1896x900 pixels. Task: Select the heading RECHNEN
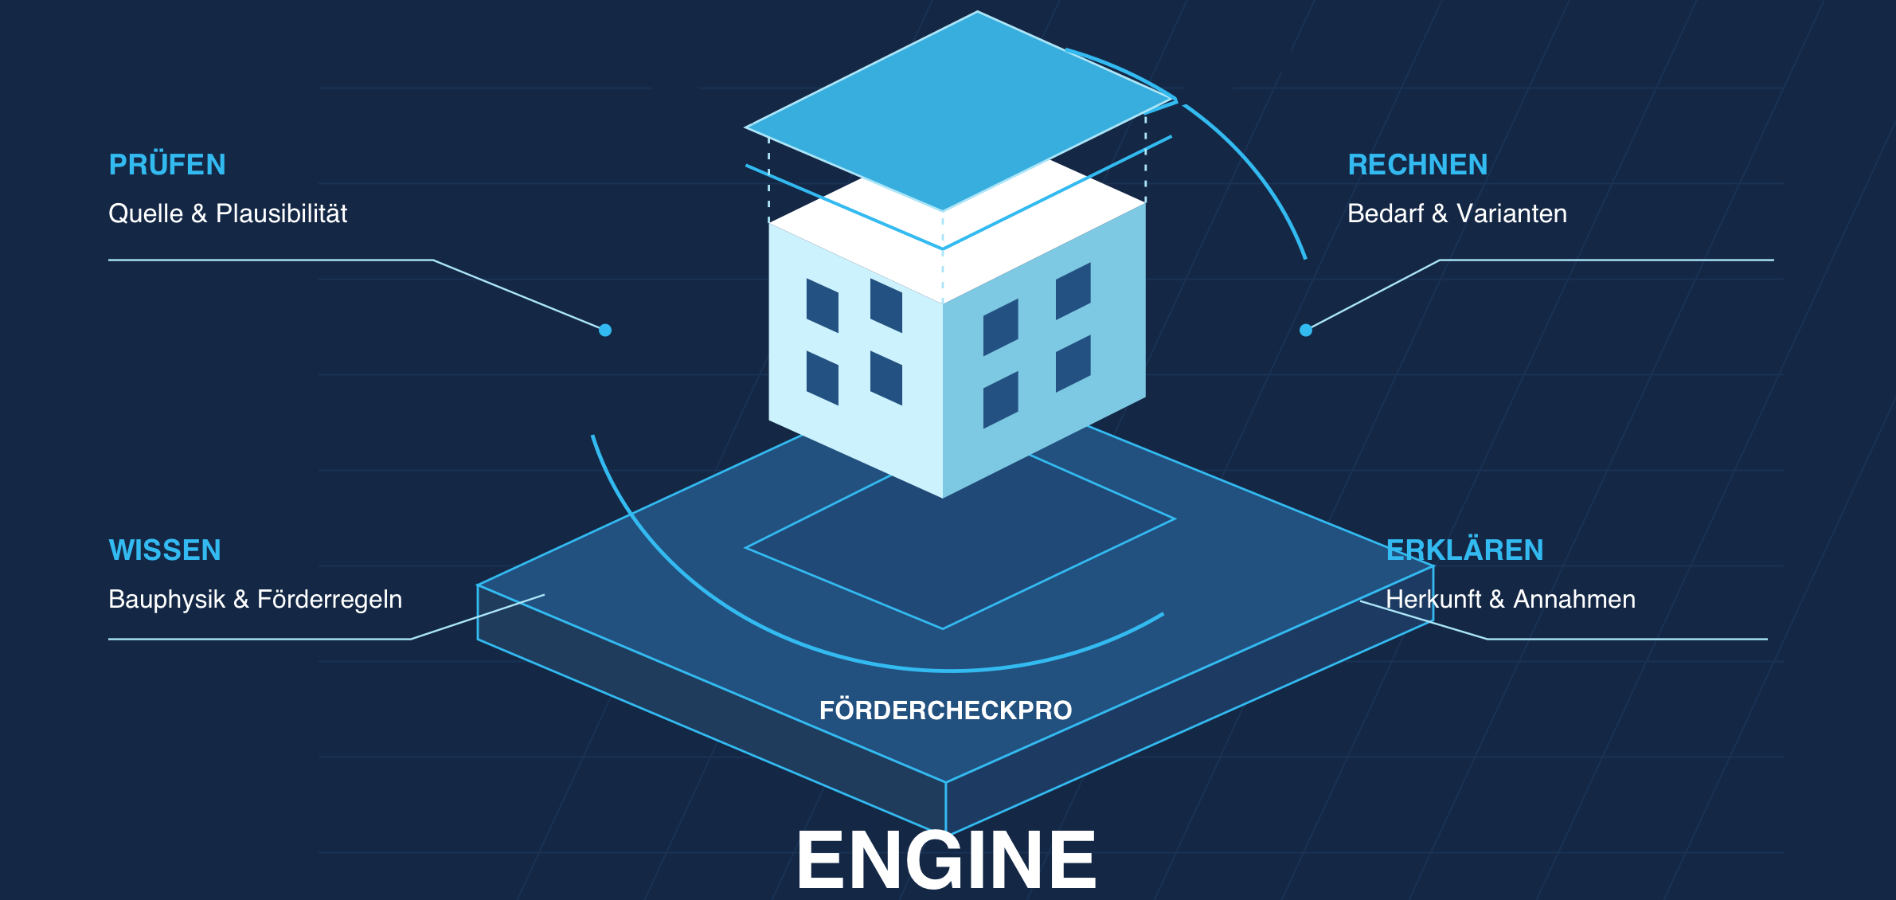click(1417, 165)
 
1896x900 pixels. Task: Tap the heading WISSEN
click(165, 550)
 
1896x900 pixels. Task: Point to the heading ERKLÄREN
click(1464, 550)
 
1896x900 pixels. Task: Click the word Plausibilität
click(281, 213)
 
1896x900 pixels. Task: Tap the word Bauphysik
click(166, 600)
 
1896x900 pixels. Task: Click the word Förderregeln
click(330, 600)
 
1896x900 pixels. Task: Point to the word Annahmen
click(1574, 599)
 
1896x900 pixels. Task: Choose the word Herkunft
click(1433, 599)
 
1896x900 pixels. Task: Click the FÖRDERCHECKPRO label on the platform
click(946, 709)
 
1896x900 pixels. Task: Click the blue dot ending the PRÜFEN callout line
click(605, 330)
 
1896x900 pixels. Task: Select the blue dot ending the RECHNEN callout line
click(1306, 330)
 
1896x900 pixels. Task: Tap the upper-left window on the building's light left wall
click(823, 305)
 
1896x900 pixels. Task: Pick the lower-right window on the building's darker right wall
click(1073, 363)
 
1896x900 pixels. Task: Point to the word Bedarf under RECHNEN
click(1386, 213)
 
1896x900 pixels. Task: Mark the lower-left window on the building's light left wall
click(823, 378)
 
